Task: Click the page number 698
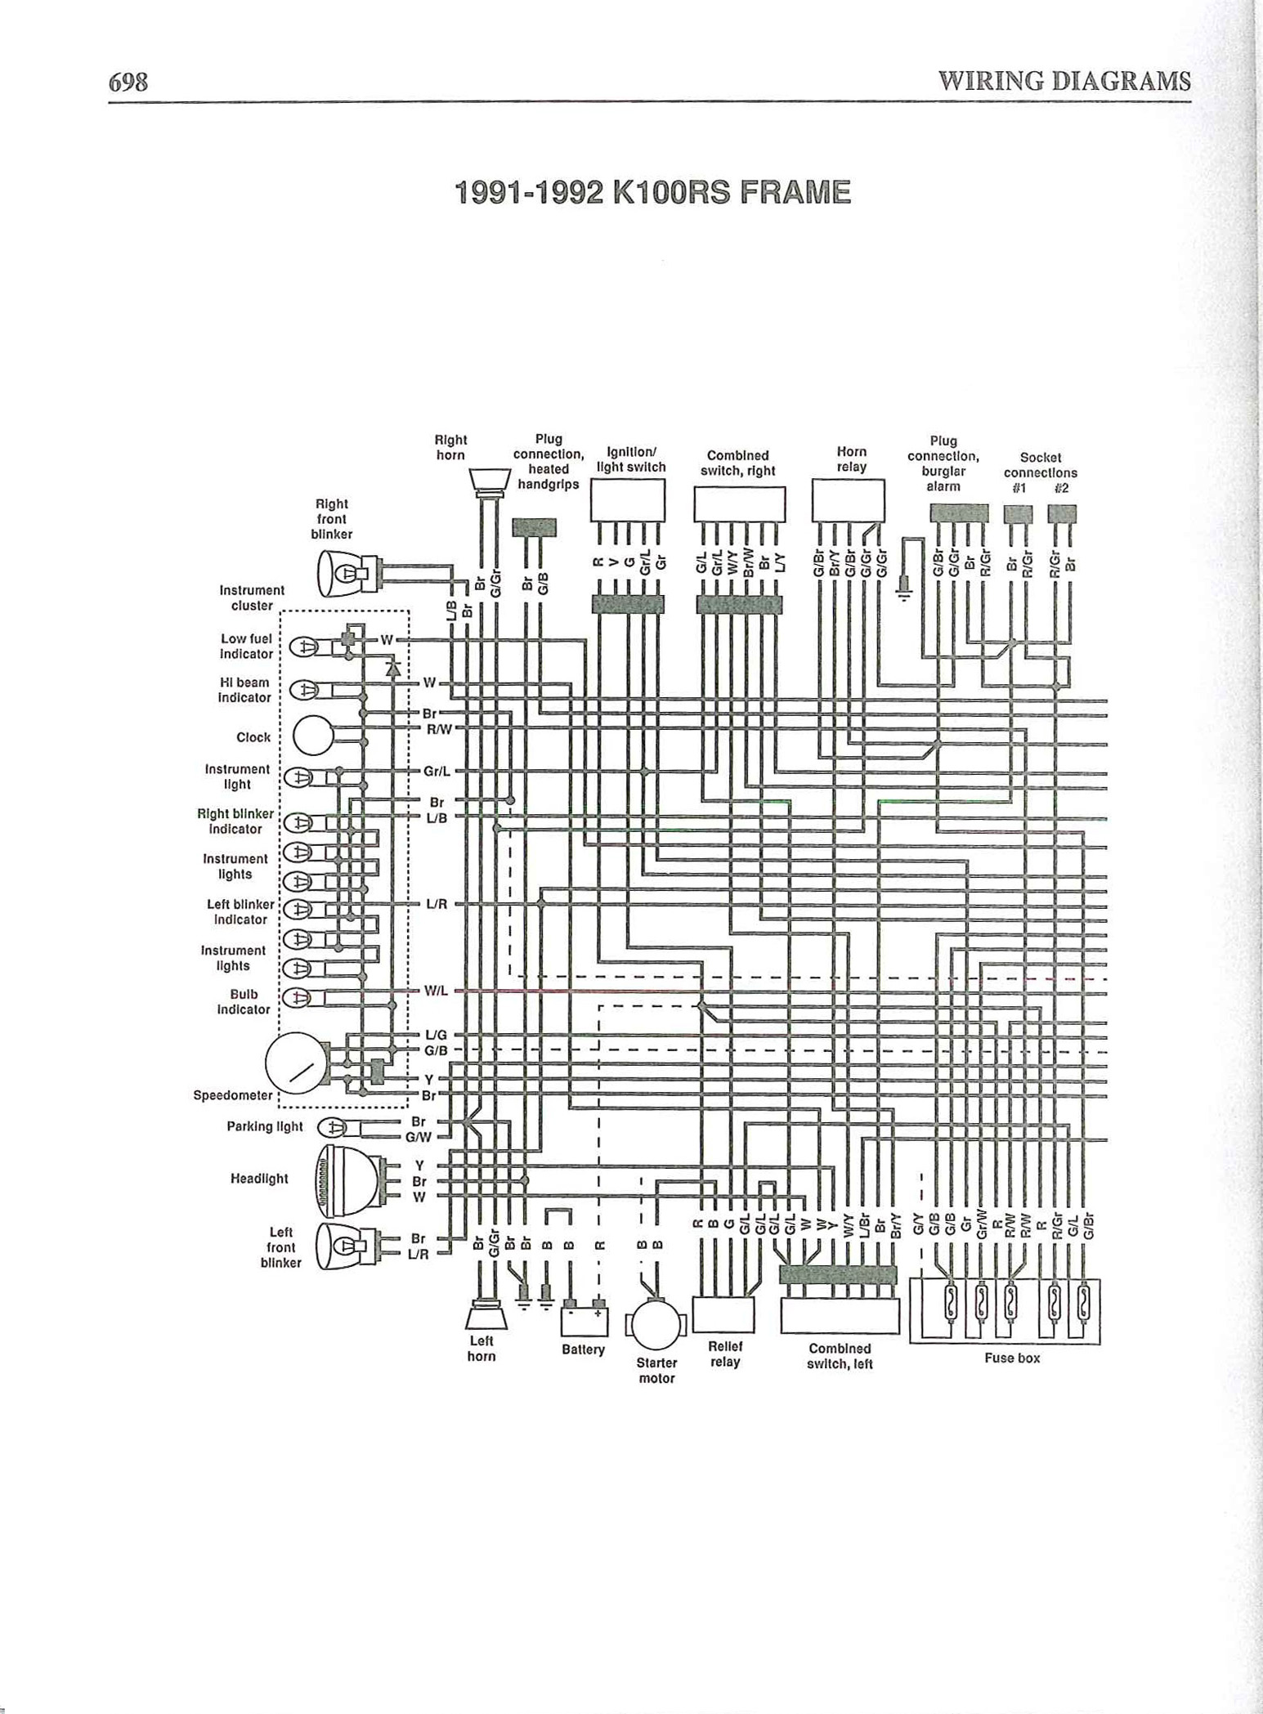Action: pyautogui.click(x=128, y=82)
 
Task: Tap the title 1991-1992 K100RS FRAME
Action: pyautogui.click(x=652, y=193)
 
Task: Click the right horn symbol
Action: pyautogui.click(x=490, y=480)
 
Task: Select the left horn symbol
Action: pyautogui.click(x=481, y=1316)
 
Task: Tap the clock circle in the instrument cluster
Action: pyautogui.click(x=312, y=735)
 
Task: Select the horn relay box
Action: pyautogui.click(x=848, y=500)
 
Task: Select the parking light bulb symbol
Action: pyautogui.click(x=334, y=1127)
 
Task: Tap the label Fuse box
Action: pyautogui.click(x=1011, y=1358)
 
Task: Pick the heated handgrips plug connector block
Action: pyautogui.click(x=534, y=527)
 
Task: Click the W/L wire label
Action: pyautogui.click(x=435, y=991)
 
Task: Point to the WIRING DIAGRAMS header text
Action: pyautogui.click(x=1064, y=82)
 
